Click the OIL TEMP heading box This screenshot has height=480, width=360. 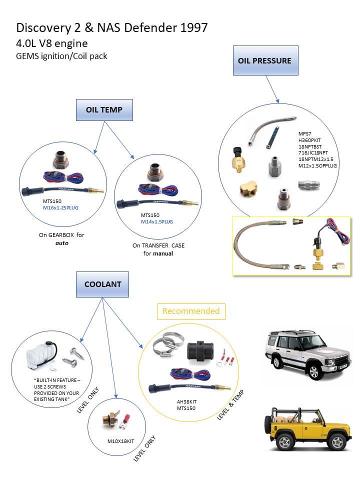coord(104,110)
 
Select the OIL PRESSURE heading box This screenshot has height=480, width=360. coord(265,60)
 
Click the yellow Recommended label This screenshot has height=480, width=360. coord(192,311)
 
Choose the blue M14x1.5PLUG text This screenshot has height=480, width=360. coord(156,221)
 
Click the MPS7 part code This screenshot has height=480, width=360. coord(303,134)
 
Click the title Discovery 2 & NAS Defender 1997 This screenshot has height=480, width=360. coord(112,27)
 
